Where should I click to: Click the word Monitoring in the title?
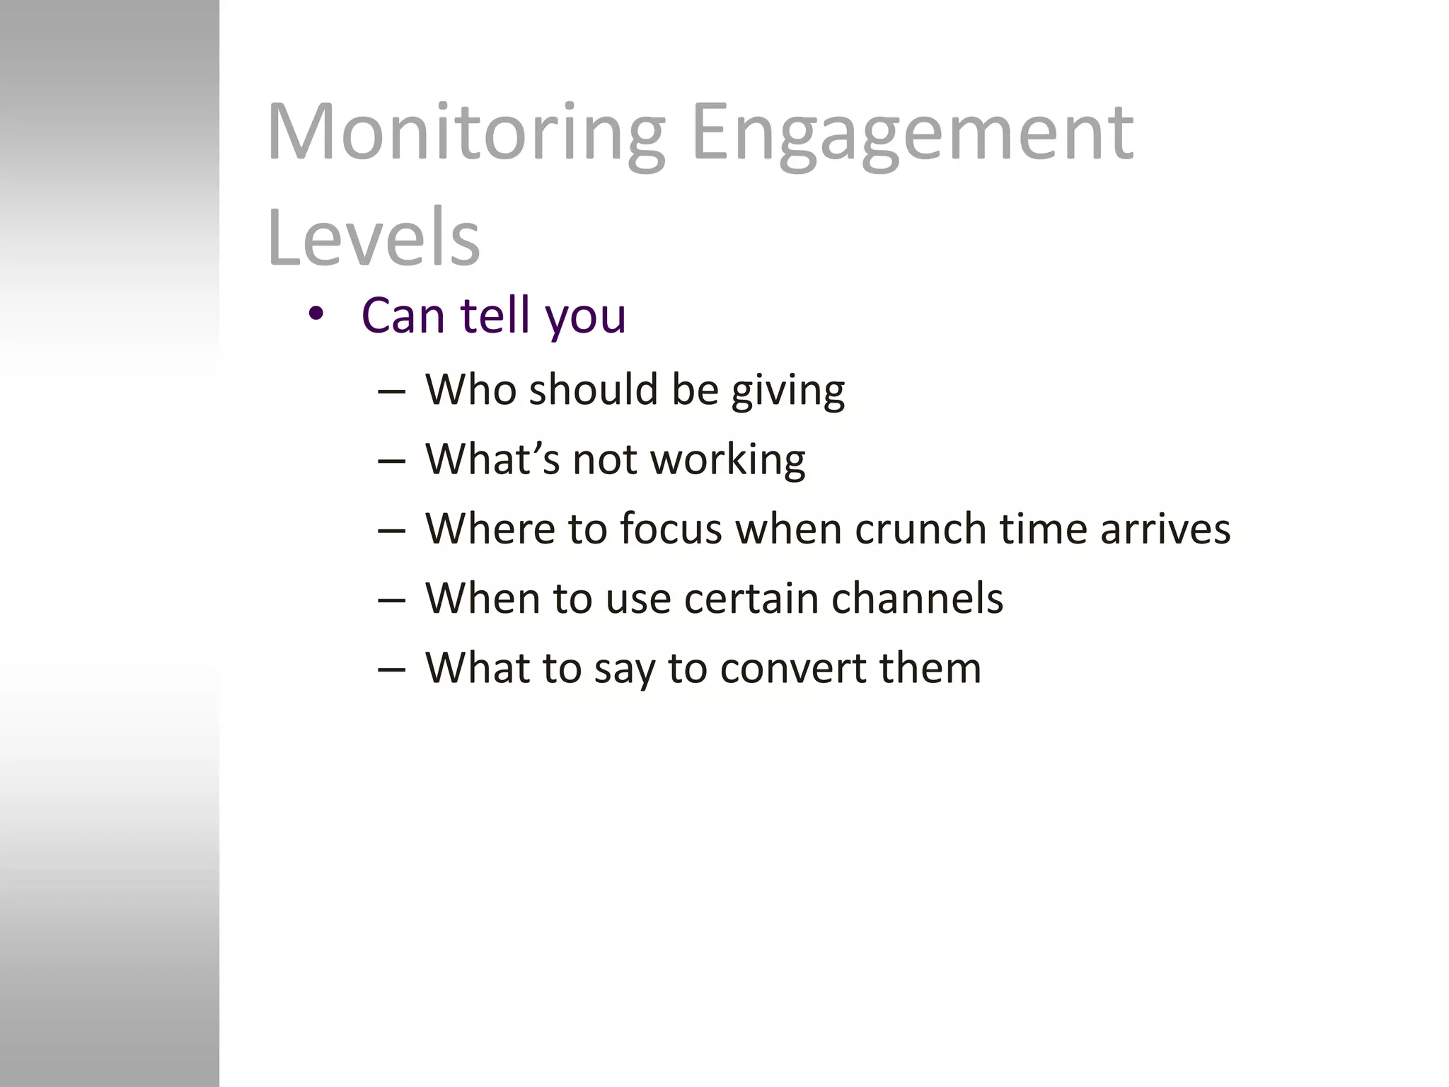pyautogui.click(x=466, y=133)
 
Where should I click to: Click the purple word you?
pyautogui.click(x=585, y=316)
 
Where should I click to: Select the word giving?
pyautogui.click(x=787, y=391)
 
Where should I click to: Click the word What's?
pyautogui.click(x=492, y=459)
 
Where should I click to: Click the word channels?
pyautogui.click(x=917, y=598)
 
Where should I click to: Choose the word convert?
pyautogui.click(x=792, y=668)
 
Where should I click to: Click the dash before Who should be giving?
pyautogui.click(x=391, y=391)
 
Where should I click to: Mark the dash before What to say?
pyautogui.click(x=391, y=669)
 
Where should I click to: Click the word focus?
pyautogui.click(x=671, y=529)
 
